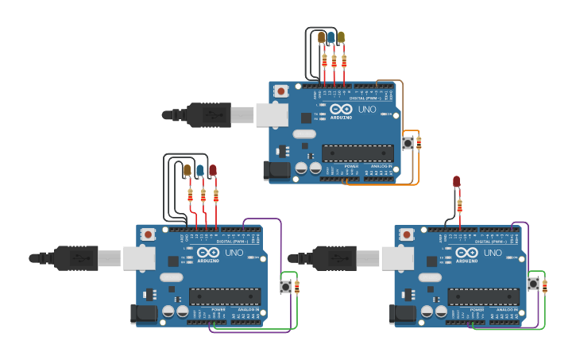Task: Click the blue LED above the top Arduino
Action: [331, 37]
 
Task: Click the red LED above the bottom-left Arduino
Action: [212, 170]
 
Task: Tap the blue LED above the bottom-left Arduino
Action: [200, 170]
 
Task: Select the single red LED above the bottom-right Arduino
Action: [457, 182]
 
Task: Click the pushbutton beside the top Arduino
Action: [408, 143]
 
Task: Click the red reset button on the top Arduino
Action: [280, 91]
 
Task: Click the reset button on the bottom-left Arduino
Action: [148, 234]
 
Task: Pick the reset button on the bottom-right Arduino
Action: [407, 235]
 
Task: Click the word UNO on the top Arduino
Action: [367, 109]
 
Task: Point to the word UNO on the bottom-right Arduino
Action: [493, 253]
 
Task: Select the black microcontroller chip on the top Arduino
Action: [357, 153]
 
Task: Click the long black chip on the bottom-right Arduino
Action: [483, 296]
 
